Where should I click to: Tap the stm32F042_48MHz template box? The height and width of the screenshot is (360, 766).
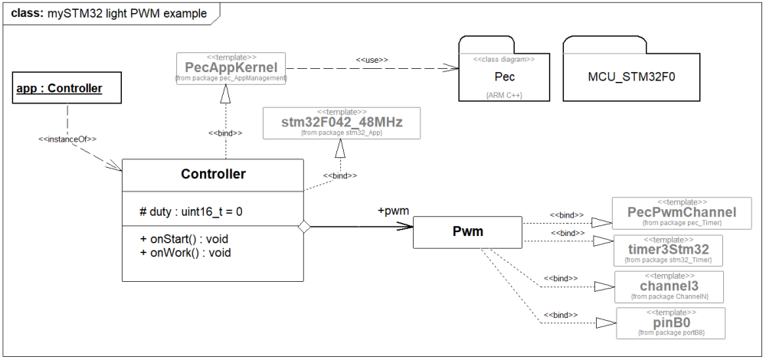pos(342,123)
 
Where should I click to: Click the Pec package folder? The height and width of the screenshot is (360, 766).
pos(504,77)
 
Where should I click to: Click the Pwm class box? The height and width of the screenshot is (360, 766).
pos(466,232)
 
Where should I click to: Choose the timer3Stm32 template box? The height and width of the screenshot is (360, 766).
pos(669,250)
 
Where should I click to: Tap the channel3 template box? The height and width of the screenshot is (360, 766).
pos(669,286)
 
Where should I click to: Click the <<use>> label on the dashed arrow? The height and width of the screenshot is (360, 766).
pos(372,59)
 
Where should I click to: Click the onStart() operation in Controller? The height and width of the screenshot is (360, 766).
pos(184,239)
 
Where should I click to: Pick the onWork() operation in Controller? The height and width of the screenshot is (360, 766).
pos(184,252)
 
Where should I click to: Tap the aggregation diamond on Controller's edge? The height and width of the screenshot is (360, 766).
pos(303,226)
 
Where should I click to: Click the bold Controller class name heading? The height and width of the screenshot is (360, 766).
pos(213,174)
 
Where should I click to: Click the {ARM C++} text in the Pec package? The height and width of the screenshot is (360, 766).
pos(503,95)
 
